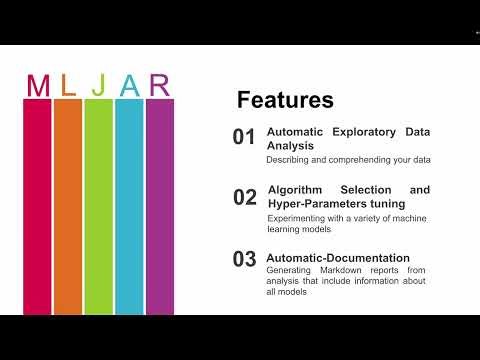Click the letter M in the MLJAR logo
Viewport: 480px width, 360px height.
tap(38, 86)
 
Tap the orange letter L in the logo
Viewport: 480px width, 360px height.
tap(68, 86)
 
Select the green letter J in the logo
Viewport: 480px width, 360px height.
tap(98, 86)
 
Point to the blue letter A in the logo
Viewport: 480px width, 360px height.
tap(129, 86)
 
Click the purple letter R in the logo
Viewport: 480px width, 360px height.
tap(160, 86)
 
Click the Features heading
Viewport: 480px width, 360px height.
tap(285, 101)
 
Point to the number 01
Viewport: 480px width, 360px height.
tap(244, 138)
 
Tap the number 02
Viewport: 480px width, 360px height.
tap(245, 197)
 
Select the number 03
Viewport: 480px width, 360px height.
tap(245, 259)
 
